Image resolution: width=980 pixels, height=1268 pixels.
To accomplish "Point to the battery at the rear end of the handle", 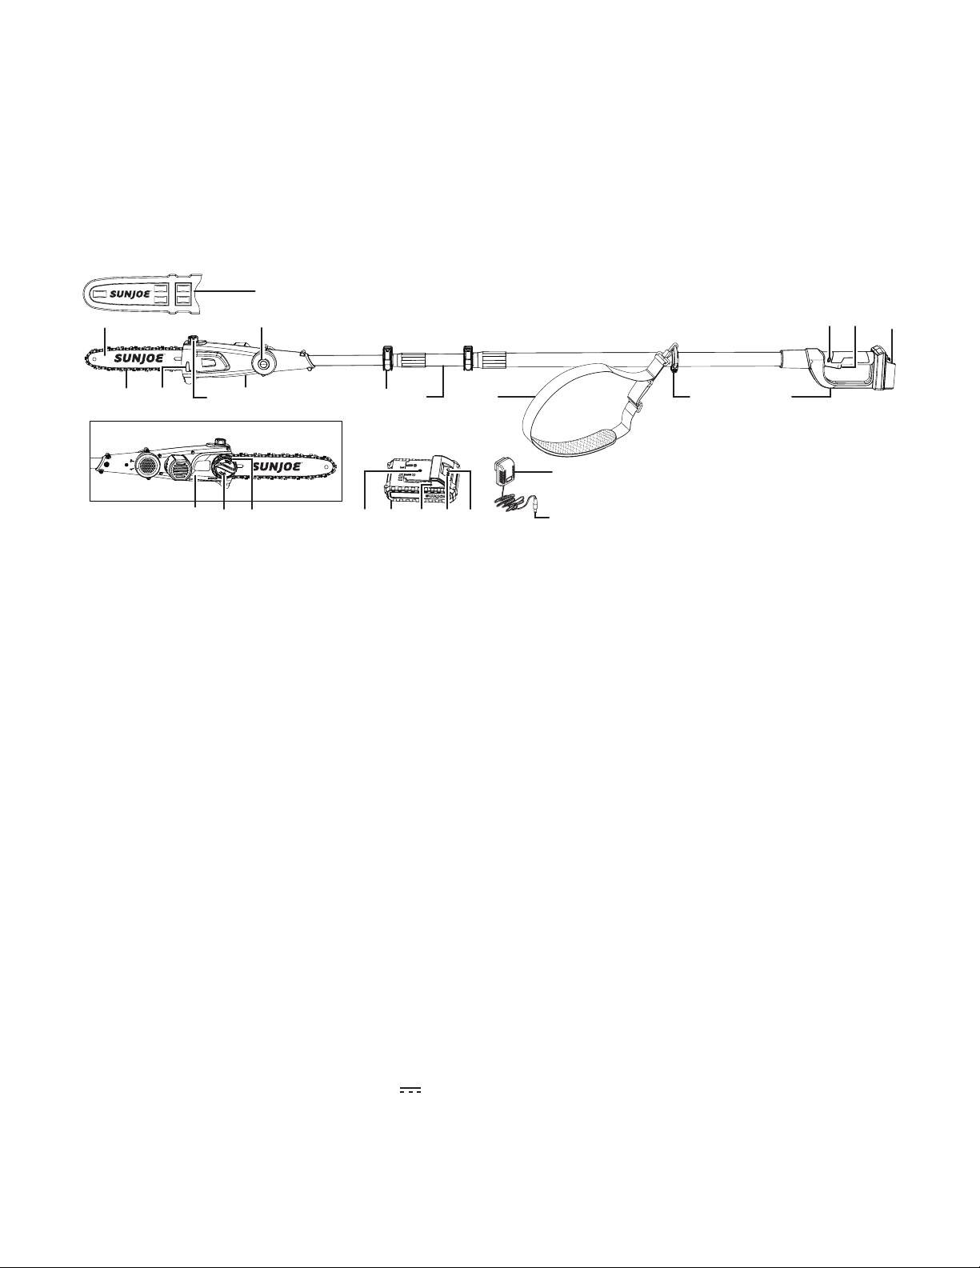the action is point(884,368).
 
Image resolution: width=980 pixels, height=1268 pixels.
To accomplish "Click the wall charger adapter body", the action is point(502,470).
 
